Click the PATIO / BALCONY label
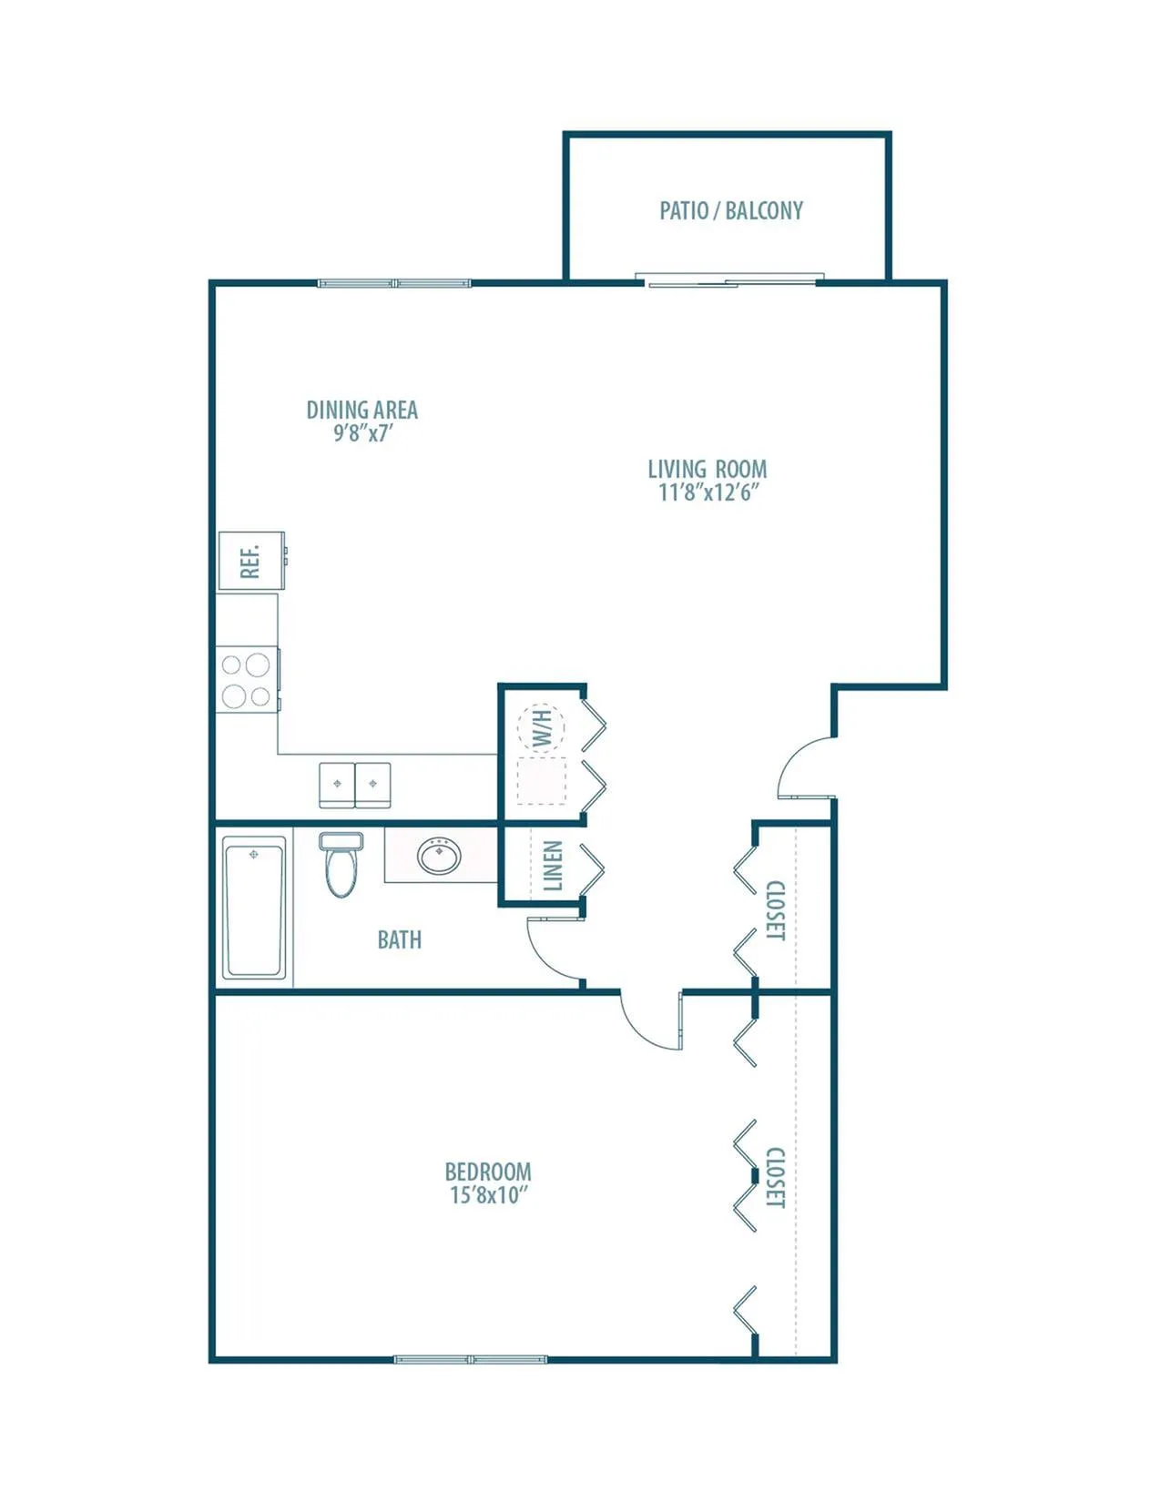coord(731,211)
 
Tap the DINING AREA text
coord(362,410)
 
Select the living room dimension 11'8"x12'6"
coord(709,492)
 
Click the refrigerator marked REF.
coord(251,561)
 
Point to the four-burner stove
coord(248,680)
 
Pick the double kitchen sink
coord(355,786)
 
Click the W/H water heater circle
coord(543,728)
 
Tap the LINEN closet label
coord(554,866)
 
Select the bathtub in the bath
coord(254,908)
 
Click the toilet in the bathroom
coord(341,865)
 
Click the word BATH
coord(400,940)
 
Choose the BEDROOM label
coord(488,1172)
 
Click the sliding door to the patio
coord(730,280)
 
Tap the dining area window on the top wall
coord(394,283)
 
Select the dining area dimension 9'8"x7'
coord(363,433)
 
